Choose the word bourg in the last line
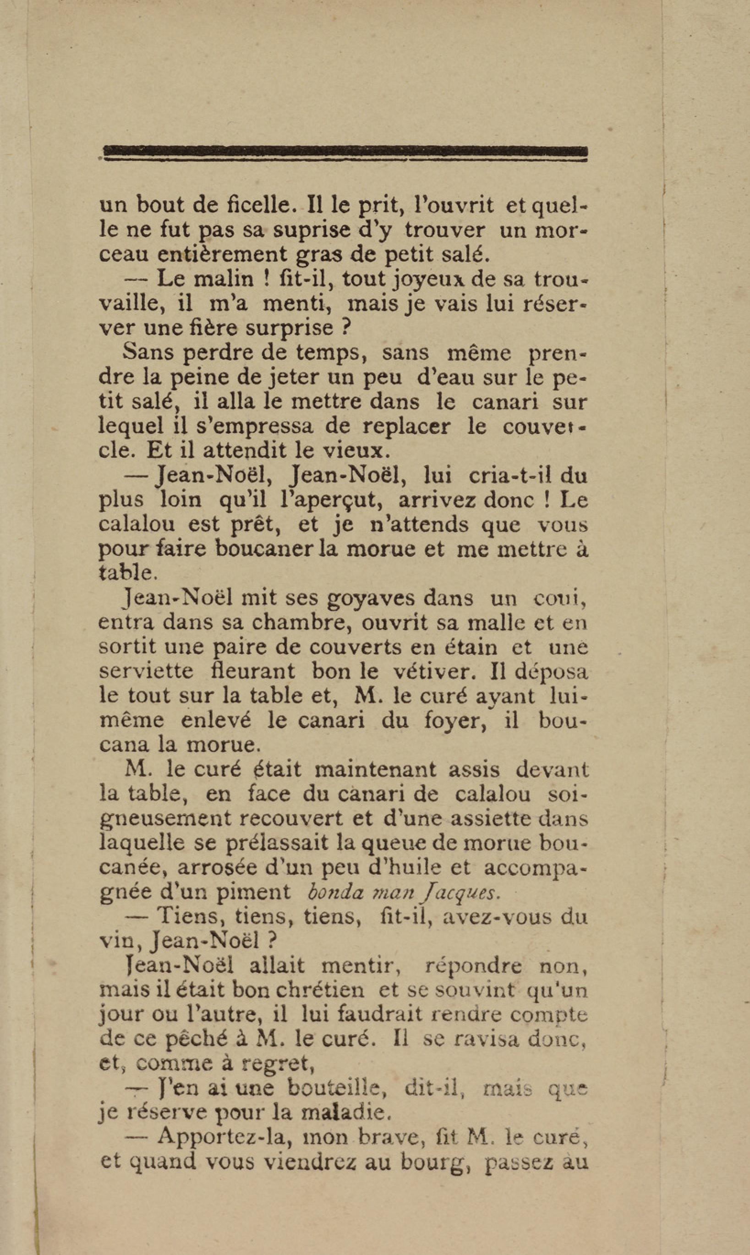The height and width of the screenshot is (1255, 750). [438, 1162]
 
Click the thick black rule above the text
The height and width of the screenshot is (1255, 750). [345, 151]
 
